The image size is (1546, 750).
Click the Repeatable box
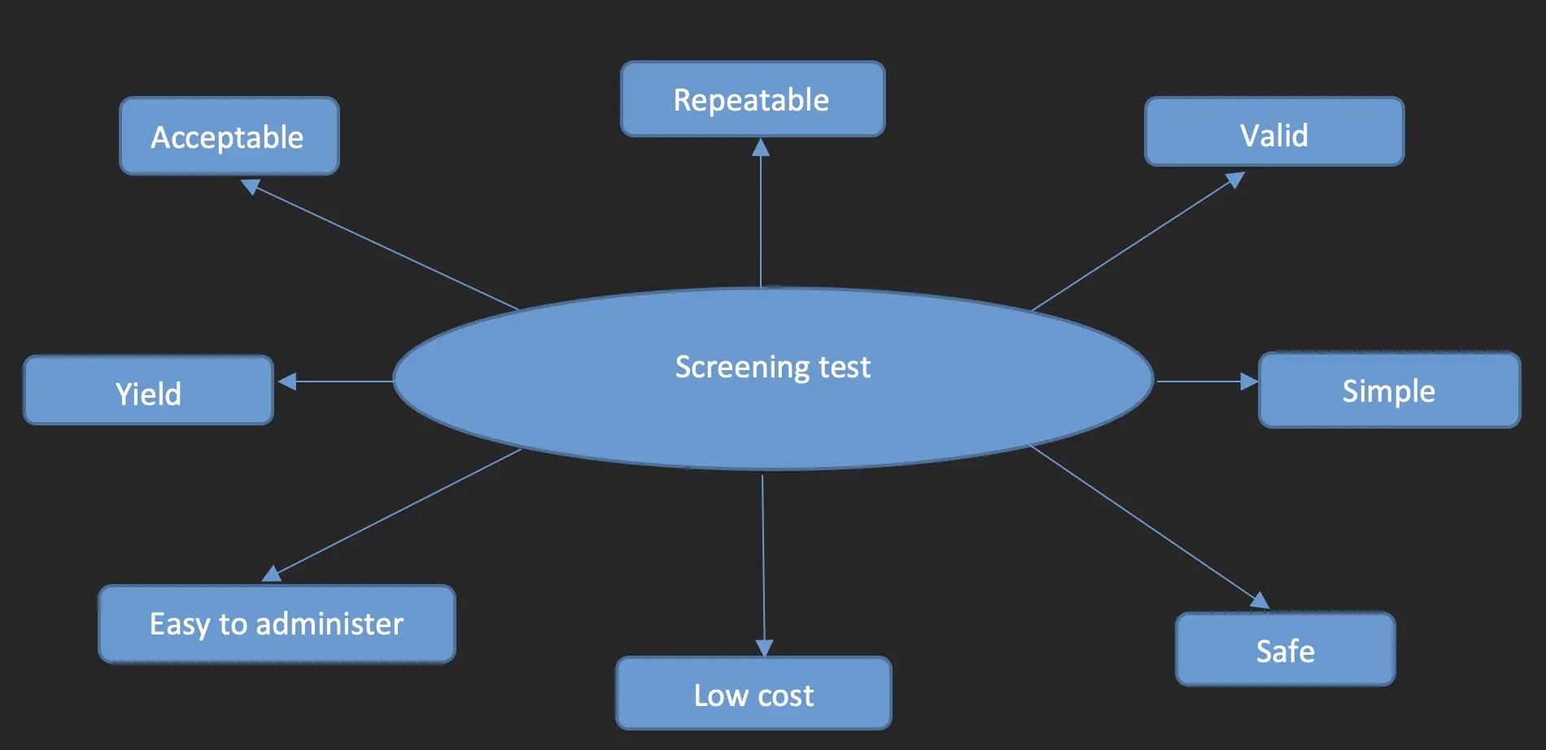pos(752,99)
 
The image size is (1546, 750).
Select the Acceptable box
pos(229,136)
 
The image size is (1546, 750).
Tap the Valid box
pos(1273,133)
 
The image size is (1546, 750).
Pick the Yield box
pos(148,391)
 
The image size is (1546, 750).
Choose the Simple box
pos(1388,390)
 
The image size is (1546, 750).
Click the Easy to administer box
pos(277,624)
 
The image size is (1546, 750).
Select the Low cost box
pos(753,694)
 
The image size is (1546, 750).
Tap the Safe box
pos(1285,650)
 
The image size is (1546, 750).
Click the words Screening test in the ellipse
pos(772,367)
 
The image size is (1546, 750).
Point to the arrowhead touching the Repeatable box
pos(761,147)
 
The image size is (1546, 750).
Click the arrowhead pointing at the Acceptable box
pos(251,186)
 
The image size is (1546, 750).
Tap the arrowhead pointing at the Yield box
pos(287,381)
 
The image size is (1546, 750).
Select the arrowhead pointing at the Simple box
pos(1249,381)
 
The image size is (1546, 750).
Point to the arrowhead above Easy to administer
pos(272,573)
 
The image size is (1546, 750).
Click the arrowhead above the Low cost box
pos(764,648)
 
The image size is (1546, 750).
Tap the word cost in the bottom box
pos(785,695)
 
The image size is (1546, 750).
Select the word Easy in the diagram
pos(180,625)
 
